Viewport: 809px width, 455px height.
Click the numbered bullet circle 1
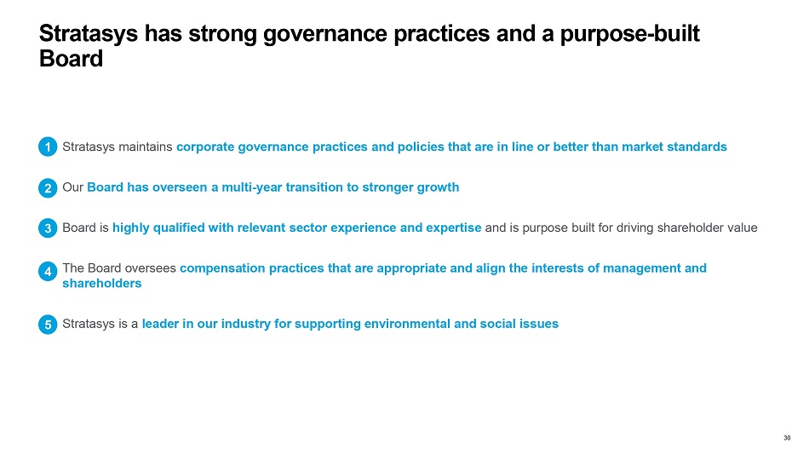pyautogui.click(x=48, y=147)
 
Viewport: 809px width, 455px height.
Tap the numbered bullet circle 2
pyautogui.click(x=48, y=187)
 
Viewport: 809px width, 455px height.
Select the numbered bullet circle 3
pyautogui.click(x=48, y=227)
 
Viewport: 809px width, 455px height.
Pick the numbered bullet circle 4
pyautogui.click(x=48, y=271)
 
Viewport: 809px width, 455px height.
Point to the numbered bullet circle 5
pyautogui.click(x=48, y=325)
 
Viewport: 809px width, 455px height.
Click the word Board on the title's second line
pyautogui.click(x=72, y=59)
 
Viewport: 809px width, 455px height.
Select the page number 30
pyautogui.click(x=787, y=438)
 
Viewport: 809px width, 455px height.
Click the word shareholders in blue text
pyautogui.click(x=101, y=283)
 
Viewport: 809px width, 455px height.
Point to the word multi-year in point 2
pyautogui.click(x=252, y=187)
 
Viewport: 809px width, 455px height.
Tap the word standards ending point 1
pyautogui.click(x=697, y=147)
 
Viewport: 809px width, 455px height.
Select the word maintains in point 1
pyautogui.click(x=145, y=147)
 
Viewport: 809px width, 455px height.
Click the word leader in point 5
pyautogui.click(x=160, y=324)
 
